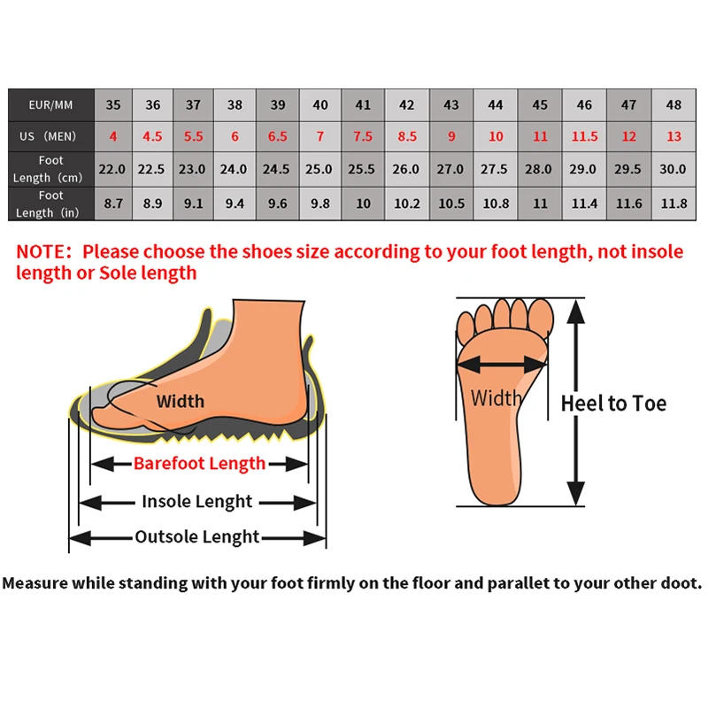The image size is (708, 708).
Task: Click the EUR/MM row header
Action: coord(50,105)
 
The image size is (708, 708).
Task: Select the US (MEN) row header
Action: coord(50,136)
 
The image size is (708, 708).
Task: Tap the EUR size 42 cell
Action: coord(406,105)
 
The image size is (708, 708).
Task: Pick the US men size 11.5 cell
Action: coord(584,136)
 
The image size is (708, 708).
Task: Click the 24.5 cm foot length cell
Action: coord(277,169)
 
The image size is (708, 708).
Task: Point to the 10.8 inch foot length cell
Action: coord(495,203)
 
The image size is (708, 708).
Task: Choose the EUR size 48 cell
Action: coord(673,105)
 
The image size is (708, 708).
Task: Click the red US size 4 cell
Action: coord(113,136)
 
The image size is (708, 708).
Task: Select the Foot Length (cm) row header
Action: coord(50,169)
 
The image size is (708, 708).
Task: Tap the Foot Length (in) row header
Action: coord(50,203)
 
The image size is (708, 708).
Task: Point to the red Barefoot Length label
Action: coord(199,463)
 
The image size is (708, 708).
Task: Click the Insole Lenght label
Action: coord(196,502)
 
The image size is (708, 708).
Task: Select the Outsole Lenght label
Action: coord(196,537)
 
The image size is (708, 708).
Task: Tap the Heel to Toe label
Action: coord(613,404)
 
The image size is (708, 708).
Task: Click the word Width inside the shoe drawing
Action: coord(180,401)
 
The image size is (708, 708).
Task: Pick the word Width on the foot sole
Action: coord(496,397)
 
